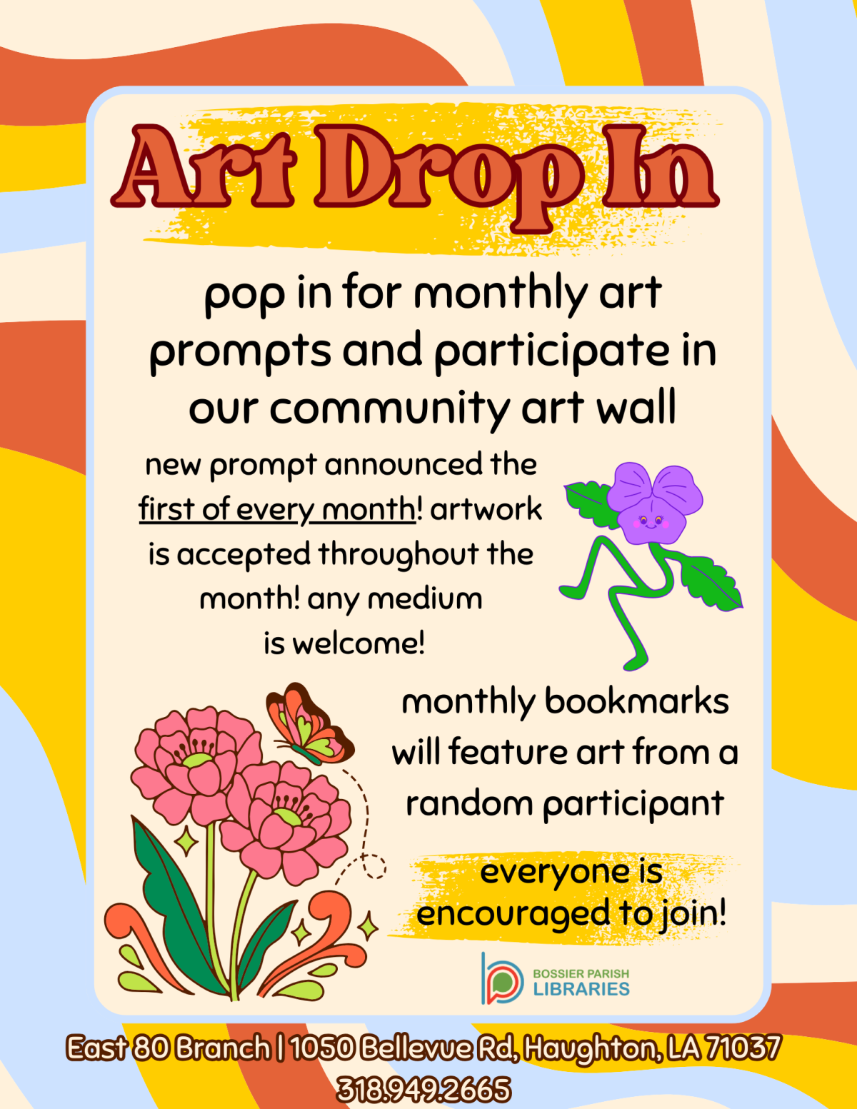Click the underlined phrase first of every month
277,510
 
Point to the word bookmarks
636,702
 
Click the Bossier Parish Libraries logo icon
501,979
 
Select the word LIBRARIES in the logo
581,990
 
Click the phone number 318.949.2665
424,1090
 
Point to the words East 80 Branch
169,1048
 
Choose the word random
469,805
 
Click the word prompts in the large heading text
240,352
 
